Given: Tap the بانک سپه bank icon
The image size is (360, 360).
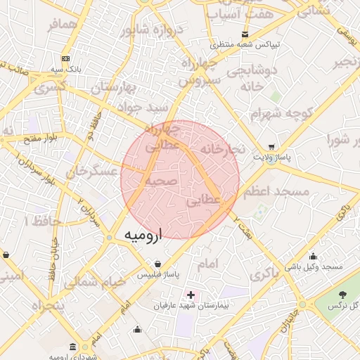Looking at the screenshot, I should tap(65, 58).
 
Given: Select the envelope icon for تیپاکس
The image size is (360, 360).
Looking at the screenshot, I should tap(245, 34).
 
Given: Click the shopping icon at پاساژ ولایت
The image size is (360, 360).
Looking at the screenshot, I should tap(271, 148).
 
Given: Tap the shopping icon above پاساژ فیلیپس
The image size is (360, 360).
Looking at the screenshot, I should tap(166, 263).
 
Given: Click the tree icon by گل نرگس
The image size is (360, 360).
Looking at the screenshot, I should tap(343, 294).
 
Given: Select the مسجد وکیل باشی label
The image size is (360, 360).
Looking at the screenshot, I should tap(314, 267).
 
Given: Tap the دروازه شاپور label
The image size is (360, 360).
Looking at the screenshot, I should tap(151, 30).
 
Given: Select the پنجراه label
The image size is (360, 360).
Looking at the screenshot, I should tap(47, 307).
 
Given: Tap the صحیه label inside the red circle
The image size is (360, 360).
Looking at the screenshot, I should tap(160, 181).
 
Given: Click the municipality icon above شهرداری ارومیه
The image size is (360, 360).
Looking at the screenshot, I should tap(74, 347).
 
